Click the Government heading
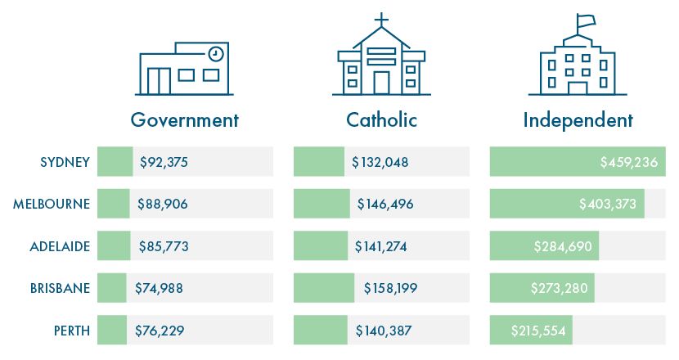point(185,120)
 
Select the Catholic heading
point(381,120)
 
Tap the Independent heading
point(578,120)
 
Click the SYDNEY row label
point(65,162)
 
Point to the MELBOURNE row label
point(52,204)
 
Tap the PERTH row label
point(71,331)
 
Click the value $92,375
point(164,162)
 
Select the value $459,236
point(629,162)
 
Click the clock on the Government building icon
point(215,53)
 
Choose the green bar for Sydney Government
point(115,162)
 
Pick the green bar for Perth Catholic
point(321,331)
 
